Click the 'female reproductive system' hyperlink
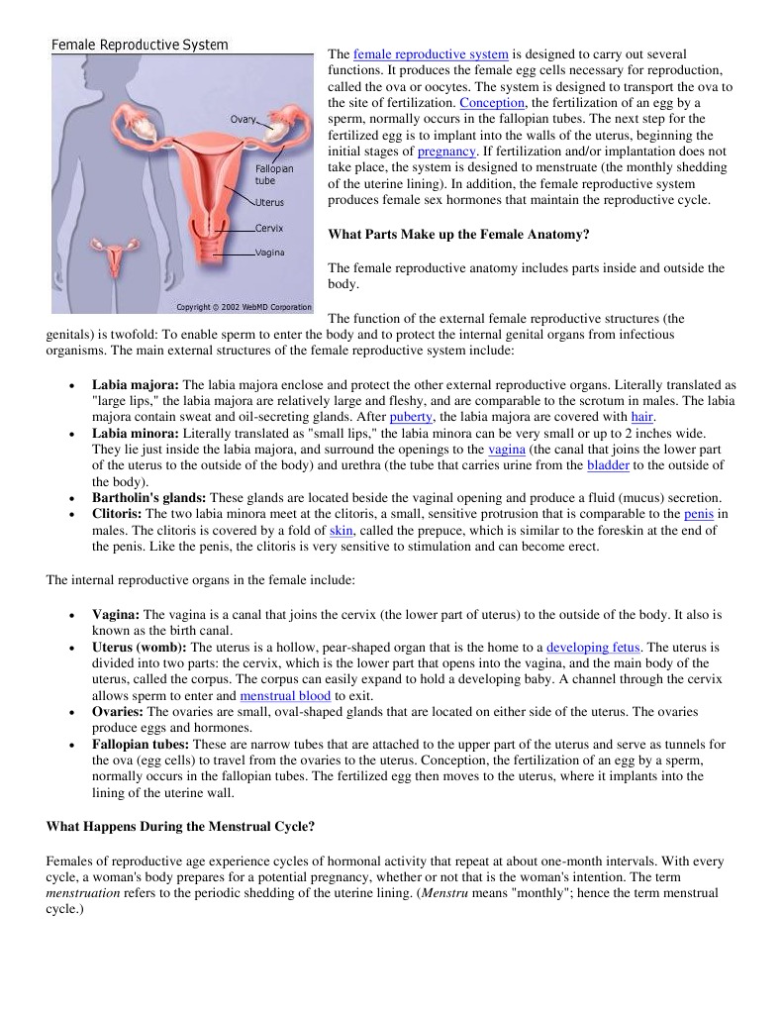(431, 53)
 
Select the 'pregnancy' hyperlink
(446, 152)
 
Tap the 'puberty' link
(411, 417)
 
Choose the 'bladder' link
(608, 464)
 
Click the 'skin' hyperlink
(341, 530)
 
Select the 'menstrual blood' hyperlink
(285, 695)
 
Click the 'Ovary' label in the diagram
(244, 120)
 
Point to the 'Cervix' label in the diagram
(269, 228)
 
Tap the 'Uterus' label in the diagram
(269, 202)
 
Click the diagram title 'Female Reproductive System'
(140, 45)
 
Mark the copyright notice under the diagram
(243, 306)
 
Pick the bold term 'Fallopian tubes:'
(142, 744)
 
